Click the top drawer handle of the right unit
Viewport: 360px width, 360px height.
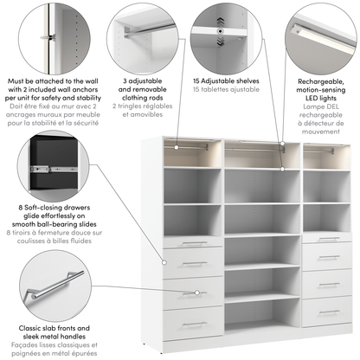(329, 239)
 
